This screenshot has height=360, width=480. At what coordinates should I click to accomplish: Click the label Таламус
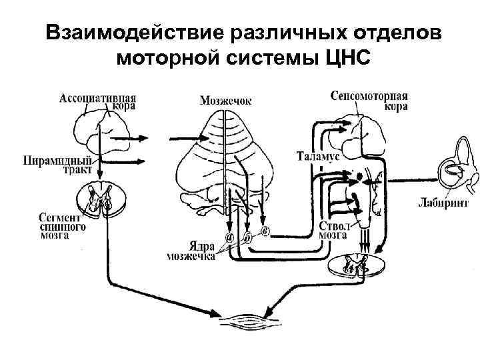click(x=318, y=156)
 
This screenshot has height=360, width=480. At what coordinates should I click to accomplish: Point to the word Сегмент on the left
click(x=60, y=217)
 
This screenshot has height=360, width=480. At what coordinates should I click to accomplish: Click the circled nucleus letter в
click(x=265, y=230)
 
